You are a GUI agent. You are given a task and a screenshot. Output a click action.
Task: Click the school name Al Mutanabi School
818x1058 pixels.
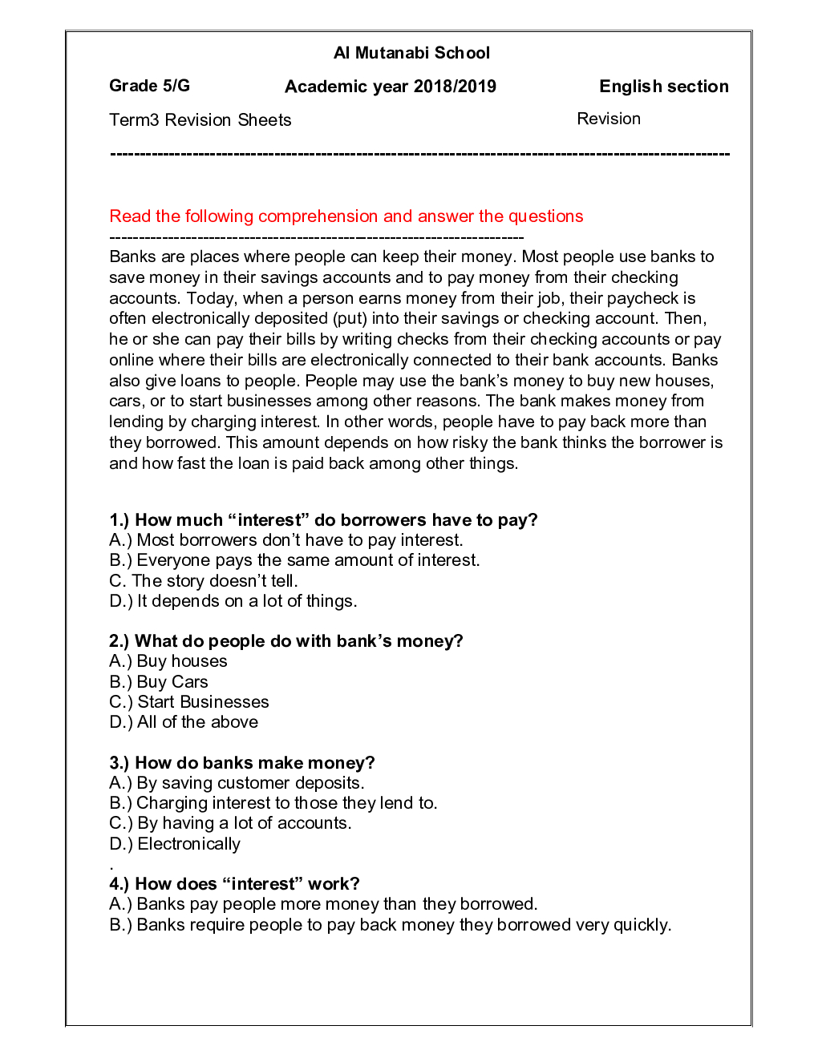(411, 53)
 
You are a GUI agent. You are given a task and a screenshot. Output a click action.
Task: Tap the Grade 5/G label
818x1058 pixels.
(149, 86)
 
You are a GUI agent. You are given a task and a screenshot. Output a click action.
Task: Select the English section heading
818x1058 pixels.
(663, 87)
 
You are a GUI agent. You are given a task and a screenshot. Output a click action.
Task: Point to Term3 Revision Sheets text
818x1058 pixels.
(200, 120)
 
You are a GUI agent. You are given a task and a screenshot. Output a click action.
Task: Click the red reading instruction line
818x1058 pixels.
(346, 216)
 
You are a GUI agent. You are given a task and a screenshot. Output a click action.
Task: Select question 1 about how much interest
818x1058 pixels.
(323, 519)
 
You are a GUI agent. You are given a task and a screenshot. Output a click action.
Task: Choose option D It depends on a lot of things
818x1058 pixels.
(233, 601)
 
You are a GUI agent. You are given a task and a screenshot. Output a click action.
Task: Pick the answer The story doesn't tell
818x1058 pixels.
(204, 581)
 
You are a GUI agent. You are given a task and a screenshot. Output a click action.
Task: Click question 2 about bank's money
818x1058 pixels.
(285, 641)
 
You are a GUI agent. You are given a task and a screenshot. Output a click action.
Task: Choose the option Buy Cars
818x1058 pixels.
(159, 682)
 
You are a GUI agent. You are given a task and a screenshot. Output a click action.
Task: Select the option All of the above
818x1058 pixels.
(184, 722)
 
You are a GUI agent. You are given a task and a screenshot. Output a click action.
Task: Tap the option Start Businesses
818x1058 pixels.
(189, 702)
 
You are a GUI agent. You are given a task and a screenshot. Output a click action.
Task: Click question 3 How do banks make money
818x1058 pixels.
(241, 763)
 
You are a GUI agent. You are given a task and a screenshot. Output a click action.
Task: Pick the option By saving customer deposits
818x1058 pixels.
(237, 783)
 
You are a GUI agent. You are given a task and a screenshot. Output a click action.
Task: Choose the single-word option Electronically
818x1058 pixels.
(175, 844)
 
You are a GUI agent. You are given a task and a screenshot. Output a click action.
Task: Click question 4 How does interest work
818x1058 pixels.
(234, 884)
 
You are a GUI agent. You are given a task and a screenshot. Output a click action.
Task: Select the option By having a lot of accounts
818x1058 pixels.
(230, 823)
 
